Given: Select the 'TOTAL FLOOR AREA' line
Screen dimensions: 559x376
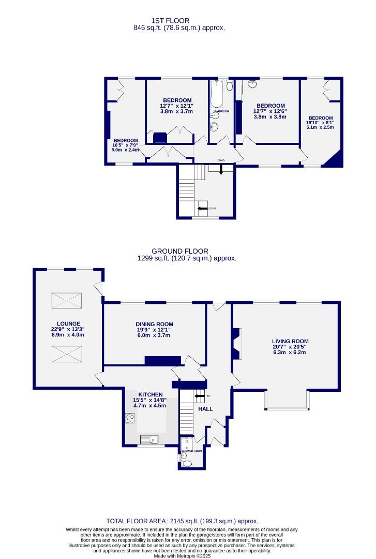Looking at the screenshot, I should (x=182, y=521).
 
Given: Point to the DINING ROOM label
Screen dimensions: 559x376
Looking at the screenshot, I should (x=154, y=324).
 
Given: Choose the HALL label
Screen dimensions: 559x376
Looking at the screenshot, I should (x=205, y=409).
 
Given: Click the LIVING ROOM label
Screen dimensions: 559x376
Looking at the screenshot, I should (x=290, y=341).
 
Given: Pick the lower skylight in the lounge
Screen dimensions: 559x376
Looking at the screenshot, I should (x=66, y=355).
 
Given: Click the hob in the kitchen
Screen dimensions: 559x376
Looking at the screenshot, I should (x=129, y=419).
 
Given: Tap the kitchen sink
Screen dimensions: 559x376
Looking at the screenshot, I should (x=150, y=440).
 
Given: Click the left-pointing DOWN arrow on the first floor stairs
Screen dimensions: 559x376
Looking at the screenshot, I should (x=202, y=208).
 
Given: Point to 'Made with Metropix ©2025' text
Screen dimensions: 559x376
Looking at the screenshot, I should (x=182, y=556).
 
